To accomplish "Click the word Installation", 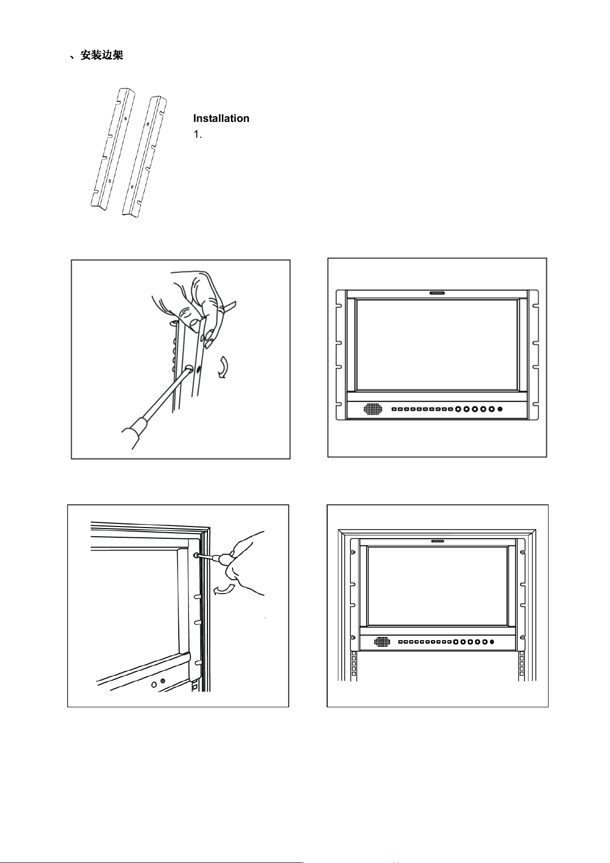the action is point(221,118).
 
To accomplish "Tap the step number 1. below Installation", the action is point(198,135).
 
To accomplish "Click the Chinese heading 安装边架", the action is point(101,55).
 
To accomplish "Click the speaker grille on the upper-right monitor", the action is point(373,409).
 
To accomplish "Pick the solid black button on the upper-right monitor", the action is point(500,409).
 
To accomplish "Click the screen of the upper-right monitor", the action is point(437,345).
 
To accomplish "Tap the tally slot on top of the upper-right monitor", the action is point(437,293).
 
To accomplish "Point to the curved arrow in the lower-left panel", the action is point(224,591).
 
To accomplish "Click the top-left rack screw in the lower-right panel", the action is point(353,552).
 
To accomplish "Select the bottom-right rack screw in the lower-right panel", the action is point(522,637).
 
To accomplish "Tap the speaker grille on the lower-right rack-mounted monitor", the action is point(382,642).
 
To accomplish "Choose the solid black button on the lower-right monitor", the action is point(492,642).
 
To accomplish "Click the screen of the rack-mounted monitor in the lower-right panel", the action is point(437,585).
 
